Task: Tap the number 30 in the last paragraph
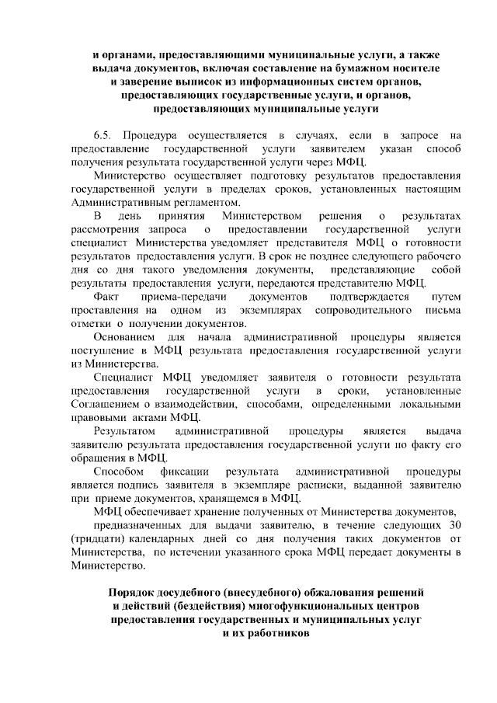coord(454,524)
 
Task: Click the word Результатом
coord(125,430)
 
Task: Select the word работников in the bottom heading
coord(275,632)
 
